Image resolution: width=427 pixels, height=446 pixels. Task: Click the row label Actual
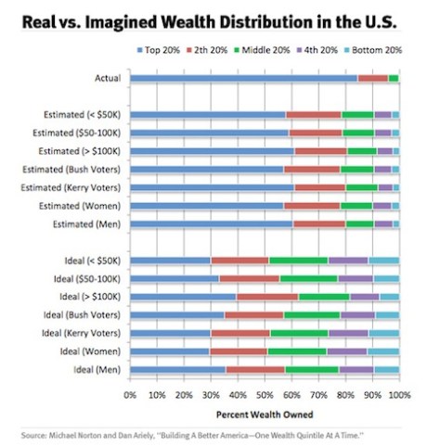click(108, 79)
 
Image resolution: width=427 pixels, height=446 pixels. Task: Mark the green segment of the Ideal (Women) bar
click(296, 351)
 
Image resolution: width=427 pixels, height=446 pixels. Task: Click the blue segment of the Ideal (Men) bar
click(177, 369)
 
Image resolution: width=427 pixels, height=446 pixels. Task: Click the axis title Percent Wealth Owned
click(265, 413)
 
